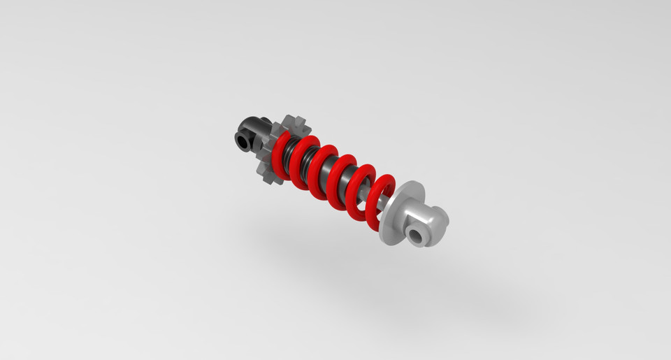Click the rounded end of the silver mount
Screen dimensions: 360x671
[440, 218]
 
